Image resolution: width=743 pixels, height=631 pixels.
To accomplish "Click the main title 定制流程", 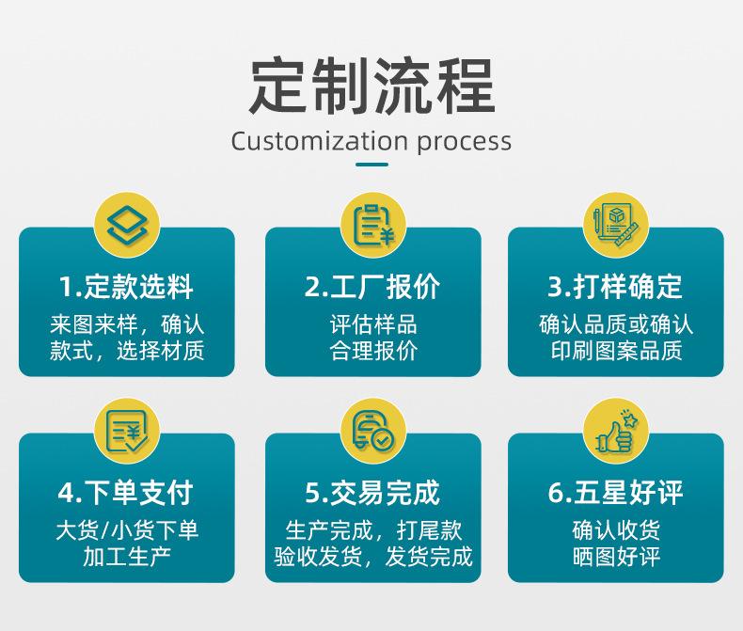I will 371,86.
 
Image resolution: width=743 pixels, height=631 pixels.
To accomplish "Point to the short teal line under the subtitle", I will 371,165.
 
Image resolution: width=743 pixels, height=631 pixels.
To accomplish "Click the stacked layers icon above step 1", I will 127,226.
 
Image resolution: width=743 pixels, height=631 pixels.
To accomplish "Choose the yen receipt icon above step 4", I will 127,431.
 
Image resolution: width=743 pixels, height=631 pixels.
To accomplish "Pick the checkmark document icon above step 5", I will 372,431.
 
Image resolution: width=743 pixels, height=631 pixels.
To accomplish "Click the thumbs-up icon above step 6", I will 616,431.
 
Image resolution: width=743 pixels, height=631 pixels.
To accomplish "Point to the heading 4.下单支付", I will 126,492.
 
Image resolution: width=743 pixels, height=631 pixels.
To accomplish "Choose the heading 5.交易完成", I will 372,492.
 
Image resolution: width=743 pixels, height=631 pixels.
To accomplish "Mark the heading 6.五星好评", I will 616,492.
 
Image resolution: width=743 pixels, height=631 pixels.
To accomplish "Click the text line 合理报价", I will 372,352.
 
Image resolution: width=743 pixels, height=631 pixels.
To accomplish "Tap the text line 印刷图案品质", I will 616,352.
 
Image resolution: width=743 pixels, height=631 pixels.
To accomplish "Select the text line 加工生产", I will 126,557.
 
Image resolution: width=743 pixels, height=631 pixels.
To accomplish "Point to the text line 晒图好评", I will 616,557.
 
